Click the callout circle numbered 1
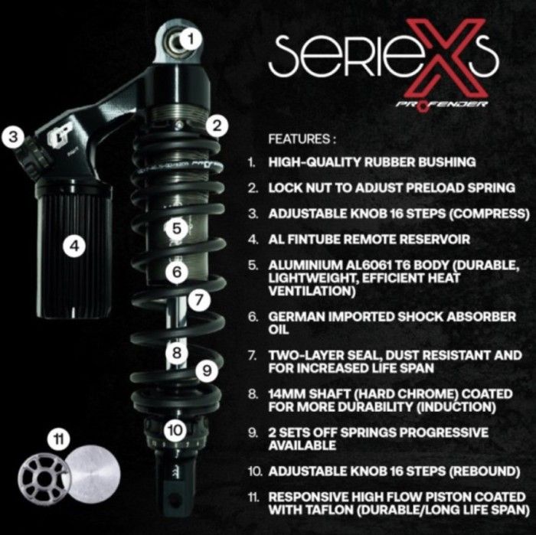[x=191, y=39]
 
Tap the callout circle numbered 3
[x=13, y=137]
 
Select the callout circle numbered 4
[x=74, y=246]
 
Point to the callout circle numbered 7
[x=199, y=300]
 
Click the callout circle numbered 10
[x=175, y=430]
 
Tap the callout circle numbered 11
[x=60, y=439]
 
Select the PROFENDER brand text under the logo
[x=442, y=104]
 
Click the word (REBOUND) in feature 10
[x=485, y=471]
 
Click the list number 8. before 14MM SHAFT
[x=253, y=394]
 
